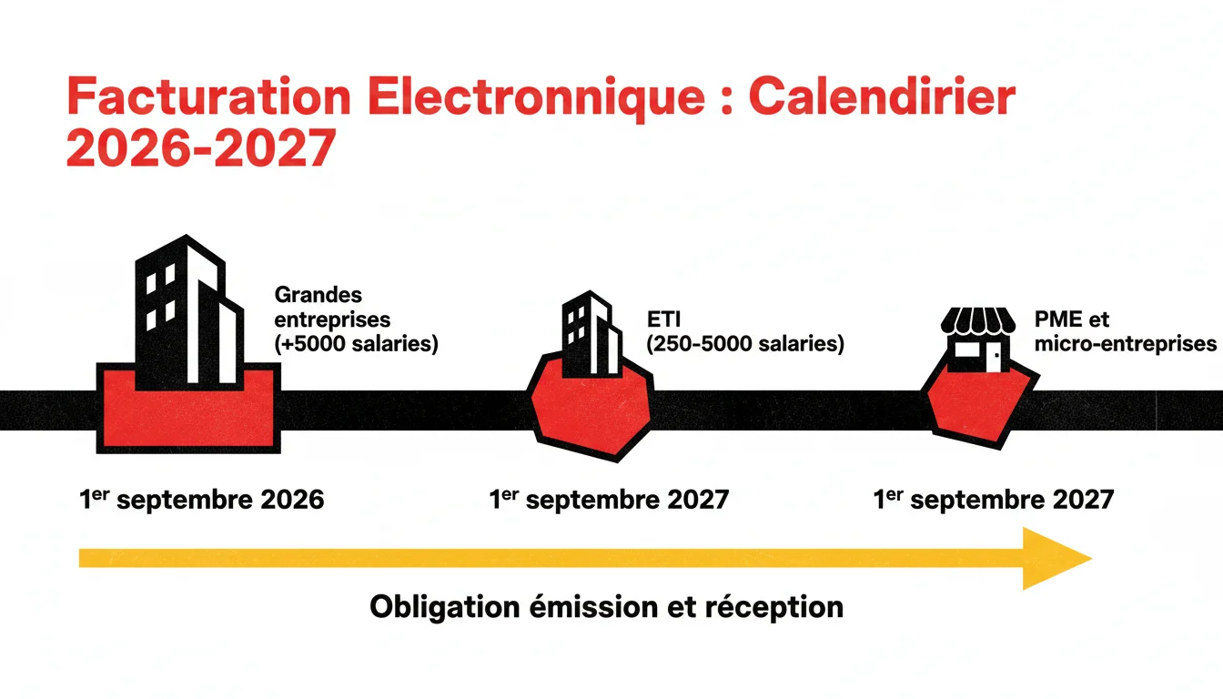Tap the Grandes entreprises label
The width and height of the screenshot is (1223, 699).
331,308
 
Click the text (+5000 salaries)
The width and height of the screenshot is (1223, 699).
356,345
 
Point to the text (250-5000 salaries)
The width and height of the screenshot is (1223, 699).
744,345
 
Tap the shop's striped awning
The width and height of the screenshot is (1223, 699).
978,321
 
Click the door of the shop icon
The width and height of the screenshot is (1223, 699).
997,357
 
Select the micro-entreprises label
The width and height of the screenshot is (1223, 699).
1125,344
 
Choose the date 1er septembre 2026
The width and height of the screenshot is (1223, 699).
202,500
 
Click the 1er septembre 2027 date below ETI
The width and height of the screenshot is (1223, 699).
609,500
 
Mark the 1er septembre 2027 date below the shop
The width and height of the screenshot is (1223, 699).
994,500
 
